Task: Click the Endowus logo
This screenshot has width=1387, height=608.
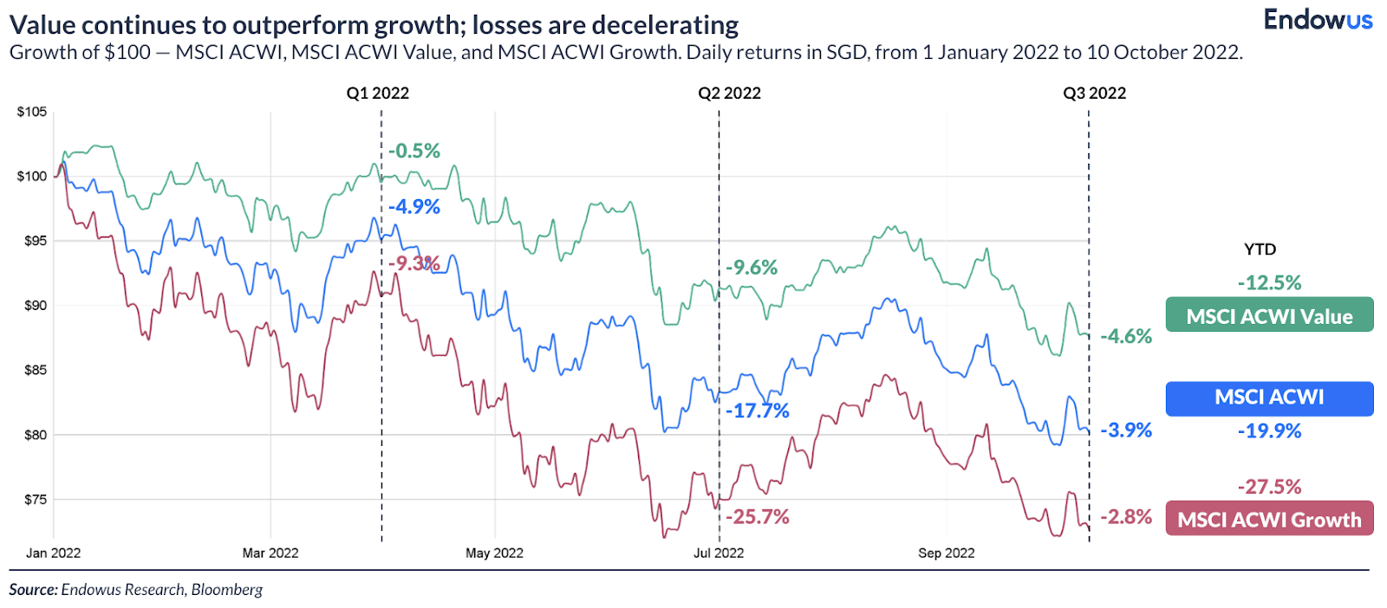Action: (x=1318, y=19)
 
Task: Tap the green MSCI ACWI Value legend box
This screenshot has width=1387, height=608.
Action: (x=1269, y=315)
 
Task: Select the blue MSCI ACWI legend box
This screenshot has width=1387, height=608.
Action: (x=1269, y=398)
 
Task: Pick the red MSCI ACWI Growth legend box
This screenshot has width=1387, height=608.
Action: (x=1269, y=519)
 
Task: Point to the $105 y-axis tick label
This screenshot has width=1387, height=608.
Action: (x=32, y=112)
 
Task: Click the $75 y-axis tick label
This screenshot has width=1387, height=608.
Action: (x=35, y=500)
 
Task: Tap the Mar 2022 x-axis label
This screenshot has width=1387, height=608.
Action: (x=270, y=553)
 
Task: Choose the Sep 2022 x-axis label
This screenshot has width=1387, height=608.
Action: (x=947, y=553)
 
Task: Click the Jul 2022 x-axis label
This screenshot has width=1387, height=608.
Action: (x=719, y=553)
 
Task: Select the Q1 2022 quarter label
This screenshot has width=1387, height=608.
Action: (x=378, y=94)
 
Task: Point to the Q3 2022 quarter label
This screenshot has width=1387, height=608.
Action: (x=1095, y=94)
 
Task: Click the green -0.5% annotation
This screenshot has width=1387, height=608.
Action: (x=414, y=152)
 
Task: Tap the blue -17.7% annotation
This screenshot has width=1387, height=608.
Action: (x=758, y=411)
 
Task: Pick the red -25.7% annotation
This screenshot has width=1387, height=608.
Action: (x=758, y=517)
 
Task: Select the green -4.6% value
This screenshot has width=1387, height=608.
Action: (x=1126, y=336)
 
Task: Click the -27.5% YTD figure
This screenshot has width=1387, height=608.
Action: (x=1269, y=487)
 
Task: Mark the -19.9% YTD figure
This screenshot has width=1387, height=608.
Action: (x=1269, y=431)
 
